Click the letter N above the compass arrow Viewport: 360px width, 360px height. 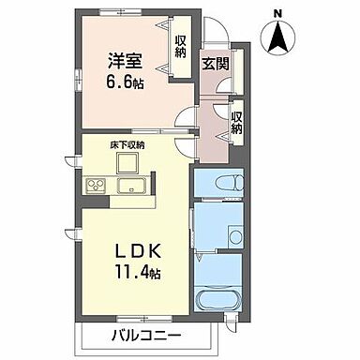click(x=277, y=11)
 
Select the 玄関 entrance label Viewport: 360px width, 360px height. click(x=214, y=65)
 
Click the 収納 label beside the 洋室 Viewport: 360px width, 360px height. click(x=180, y=46)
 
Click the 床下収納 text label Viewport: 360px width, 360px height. click(x=127, y=145)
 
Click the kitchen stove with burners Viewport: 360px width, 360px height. click(x=96, y=183)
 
